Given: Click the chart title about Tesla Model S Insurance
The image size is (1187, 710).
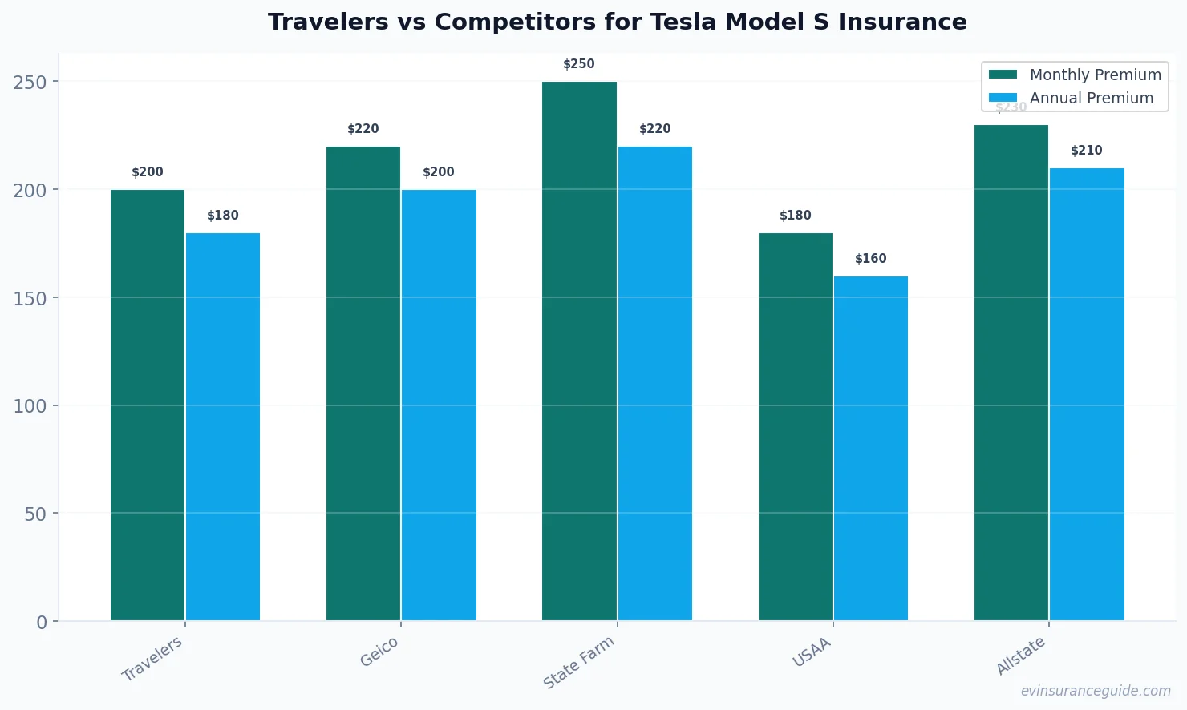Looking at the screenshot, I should tap(617, 22).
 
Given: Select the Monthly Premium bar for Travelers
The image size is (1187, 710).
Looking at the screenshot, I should tap(148, 405).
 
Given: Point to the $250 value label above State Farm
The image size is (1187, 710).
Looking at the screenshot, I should tap(579, 64).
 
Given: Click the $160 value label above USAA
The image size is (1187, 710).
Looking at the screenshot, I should tap(871, 259).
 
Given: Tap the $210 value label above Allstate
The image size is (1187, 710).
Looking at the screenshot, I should tap(1087, 151).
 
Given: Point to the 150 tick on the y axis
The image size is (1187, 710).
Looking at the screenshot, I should tap(30, 298).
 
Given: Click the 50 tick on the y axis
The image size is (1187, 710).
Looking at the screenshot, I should tap(35, 514).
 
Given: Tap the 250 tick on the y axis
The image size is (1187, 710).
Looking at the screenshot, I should tap(30, 82).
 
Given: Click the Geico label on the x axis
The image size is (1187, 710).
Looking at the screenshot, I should tap(379, 652).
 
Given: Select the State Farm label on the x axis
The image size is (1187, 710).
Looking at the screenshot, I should tap(579, 662).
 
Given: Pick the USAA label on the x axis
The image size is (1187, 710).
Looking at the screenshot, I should tap(812, 653).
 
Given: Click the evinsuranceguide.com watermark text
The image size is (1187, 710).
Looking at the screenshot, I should tap(1096, 691).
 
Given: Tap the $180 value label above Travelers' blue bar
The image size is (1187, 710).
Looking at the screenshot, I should tap(223, 216).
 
